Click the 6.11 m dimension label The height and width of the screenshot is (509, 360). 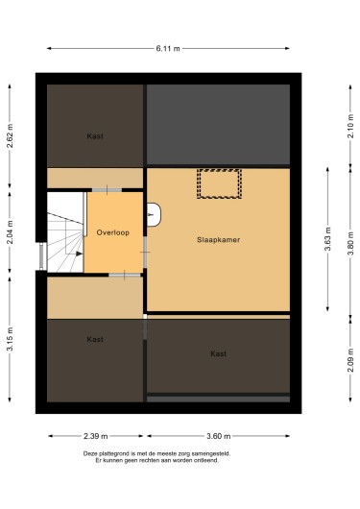[168, 49]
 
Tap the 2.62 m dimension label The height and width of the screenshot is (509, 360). [10, 136]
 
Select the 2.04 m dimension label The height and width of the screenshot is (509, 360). [10, 232]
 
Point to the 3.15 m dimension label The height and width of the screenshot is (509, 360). [10, 339]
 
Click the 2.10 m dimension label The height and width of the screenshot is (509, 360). [350, 126]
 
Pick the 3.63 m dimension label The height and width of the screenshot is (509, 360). [328, 239]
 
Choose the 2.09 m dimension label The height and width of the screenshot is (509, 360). [350, 360]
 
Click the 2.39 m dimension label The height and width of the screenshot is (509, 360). [96, 436]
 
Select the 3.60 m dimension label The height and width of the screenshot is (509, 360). [219, 436]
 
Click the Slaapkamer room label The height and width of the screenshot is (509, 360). [219, 240]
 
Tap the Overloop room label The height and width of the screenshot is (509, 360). [113, 232]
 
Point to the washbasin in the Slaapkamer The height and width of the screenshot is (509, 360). [154, 214]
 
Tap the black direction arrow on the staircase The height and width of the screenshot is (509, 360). [80, 254]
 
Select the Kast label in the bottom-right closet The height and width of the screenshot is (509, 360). [219, 353]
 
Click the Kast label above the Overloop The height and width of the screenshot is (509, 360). [95, 136]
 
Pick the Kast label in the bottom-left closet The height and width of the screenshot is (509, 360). [95, 339]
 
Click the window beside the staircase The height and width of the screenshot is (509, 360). [42, 256]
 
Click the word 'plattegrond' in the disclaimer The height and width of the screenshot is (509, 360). [113, 453]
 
